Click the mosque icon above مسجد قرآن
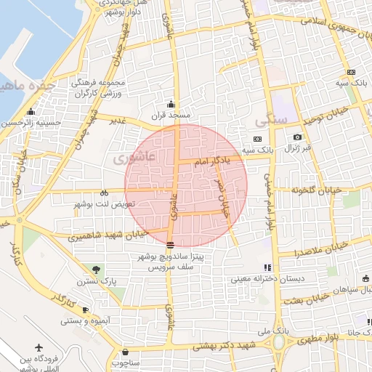tap(171, 103)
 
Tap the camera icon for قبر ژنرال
tap(297, 137)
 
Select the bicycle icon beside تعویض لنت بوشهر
tap(104, 193)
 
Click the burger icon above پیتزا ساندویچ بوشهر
tap(170, 245)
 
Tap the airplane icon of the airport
tap(39, 347)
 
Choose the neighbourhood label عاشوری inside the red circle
tap(136, 156)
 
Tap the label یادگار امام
tap(213, 161)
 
